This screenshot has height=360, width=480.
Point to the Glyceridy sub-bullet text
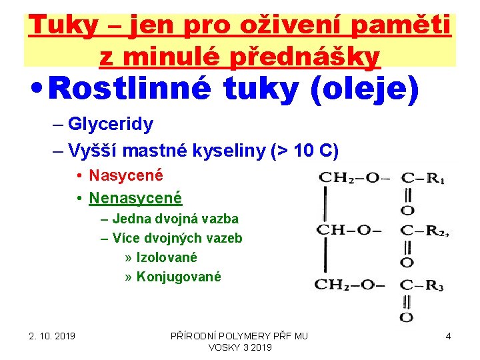click(111, 124)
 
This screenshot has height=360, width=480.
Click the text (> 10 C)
click(304, 152)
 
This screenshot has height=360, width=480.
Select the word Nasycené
click(126, 176)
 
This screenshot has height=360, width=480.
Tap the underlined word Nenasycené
click(135, 198)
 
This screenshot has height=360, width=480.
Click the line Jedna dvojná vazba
click(175, 219)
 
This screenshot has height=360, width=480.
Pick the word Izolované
click(167, 257)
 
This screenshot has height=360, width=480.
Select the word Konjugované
click(178, 277)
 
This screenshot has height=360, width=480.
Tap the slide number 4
click(449, 336)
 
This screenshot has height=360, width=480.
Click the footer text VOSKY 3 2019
click(240, 347)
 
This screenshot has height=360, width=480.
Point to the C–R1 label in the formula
click(423, 178)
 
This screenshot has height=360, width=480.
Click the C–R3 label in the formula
click(423, 285)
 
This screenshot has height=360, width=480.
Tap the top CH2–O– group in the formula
click(350, 177)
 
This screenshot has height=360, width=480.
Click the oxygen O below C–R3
click(407, 317)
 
